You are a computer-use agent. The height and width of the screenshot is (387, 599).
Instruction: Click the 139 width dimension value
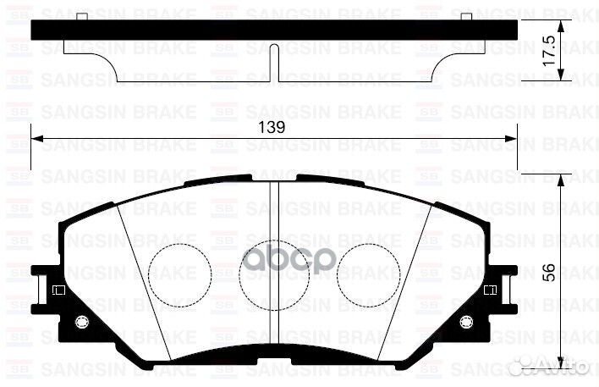(272, 126)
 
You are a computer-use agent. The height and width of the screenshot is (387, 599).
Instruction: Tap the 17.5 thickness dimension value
(548, 53)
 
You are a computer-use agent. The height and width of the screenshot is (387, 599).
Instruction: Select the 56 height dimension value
(548, 273)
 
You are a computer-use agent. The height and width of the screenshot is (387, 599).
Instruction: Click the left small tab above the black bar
(80, 16)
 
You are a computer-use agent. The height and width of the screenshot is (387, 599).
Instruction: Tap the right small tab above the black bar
(466, 16)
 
